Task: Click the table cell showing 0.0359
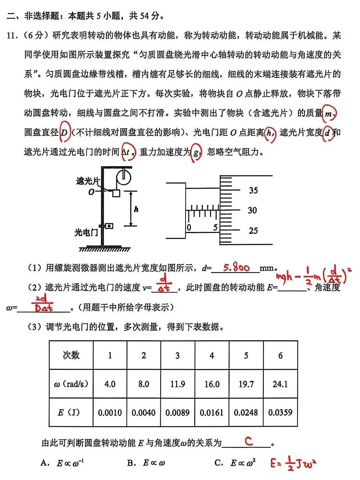280,412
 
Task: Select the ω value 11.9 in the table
178,384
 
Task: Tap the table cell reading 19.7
246,384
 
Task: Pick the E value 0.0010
110,412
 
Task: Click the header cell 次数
71,355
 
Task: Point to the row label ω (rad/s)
71,384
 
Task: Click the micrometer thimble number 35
253,190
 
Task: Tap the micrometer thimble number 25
253,230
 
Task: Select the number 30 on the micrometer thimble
252,210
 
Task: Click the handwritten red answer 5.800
236,268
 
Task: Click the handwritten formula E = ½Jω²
293,463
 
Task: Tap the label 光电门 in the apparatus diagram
86,233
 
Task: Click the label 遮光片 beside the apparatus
88,181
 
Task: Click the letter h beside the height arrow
136,209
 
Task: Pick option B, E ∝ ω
146,463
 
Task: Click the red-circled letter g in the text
196,153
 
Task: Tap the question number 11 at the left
12,35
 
